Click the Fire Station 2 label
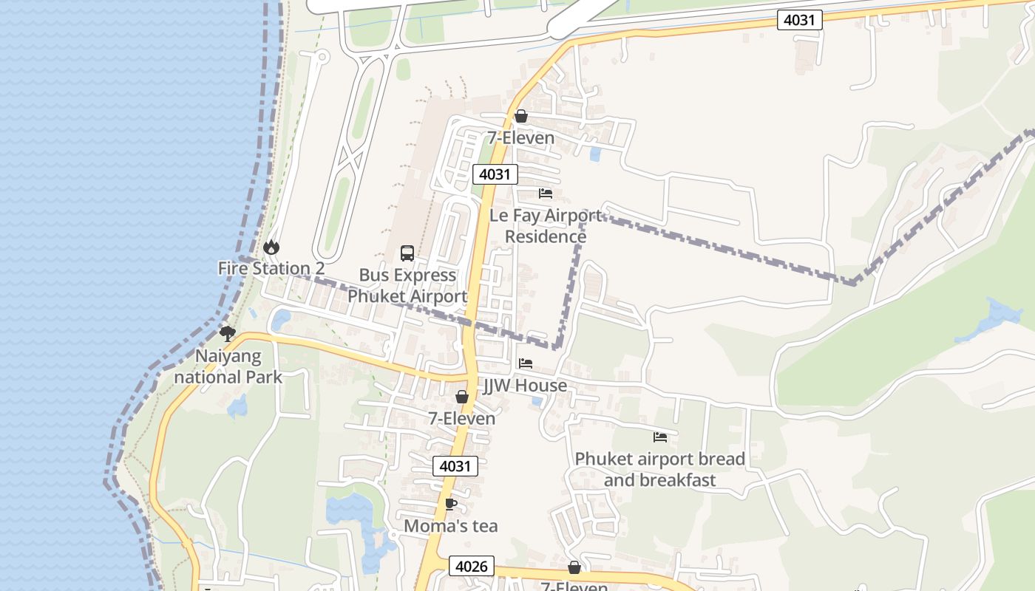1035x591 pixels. coord(271,268)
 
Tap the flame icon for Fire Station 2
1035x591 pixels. coord(271,247)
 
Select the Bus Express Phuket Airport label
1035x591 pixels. coord(407,286)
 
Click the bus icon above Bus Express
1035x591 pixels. coord(407,253)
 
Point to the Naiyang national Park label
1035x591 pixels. coord(228,366)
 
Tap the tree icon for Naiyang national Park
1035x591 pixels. coord(228,334)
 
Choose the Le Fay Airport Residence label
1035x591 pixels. coord(546,226)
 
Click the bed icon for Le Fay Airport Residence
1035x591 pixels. coord(546,194)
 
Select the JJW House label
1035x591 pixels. coord(525,386)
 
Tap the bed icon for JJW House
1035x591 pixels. coord(526,363)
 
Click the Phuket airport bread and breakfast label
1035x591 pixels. coord(659,469)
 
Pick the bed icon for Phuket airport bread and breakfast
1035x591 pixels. coord(660,437)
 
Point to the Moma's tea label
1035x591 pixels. coord(451,526)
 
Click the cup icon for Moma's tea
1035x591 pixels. coord(450,505)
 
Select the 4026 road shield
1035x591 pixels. coord(471,567)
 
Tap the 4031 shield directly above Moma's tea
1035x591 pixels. coord(455,466)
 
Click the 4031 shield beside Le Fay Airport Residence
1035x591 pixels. coord(495,174)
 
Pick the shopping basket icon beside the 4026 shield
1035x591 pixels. coord(574,567)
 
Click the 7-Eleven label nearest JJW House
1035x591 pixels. coord(462,418)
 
